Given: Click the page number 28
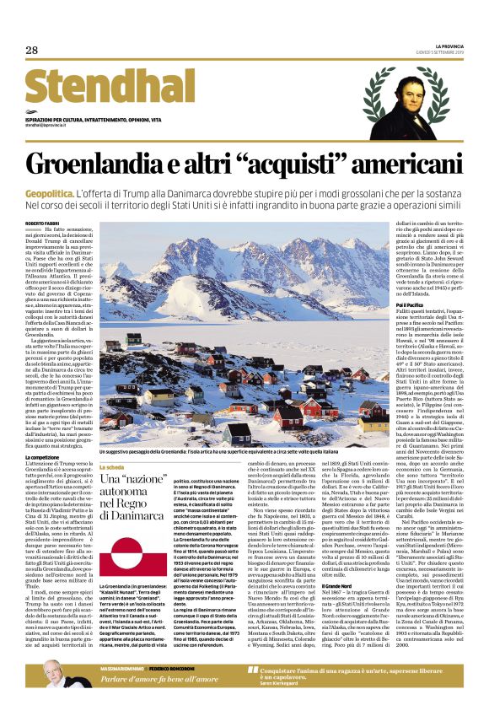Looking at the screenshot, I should [x=32, y=51].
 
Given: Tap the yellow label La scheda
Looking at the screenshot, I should [x=113, y=466].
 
